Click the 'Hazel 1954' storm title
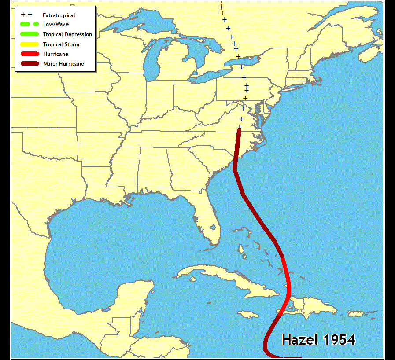(x=318, y=340)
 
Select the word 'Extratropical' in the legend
(x=59, y=15)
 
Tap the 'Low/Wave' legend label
(x=55, y=24)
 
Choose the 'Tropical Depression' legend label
(x=67, y=34)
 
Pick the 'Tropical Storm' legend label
(x=61, y=44)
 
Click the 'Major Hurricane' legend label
(x=63, y=64)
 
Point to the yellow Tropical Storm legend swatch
(x=30, y=44)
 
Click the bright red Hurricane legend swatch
(x=30, y=54)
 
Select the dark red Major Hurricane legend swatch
(x=30, y=64)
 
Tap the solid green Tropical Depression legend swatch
(x=30, y=34)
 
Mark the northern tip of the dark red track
(x=239, y=130)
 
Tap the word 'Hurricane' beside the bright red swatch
(x=55, y=54)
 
